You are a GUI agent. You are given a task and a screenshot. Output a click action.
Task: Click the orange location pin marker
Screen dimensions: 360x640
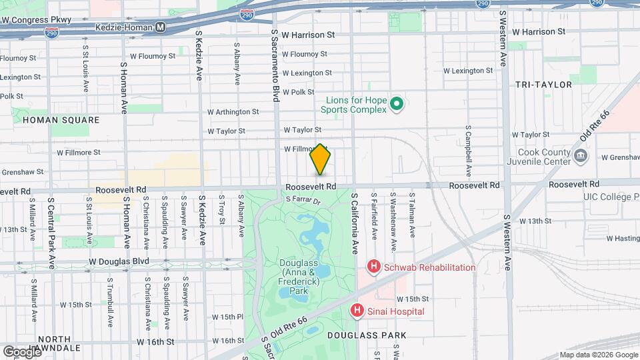coord(321,159)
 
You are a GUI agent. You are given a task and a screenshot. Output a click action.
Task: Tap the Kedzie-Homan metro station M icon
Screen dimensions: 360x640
coord(160,27)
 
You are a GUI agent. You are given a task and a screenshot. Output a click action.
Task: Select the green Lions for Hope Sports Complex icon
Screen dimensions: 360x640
coord(397,103)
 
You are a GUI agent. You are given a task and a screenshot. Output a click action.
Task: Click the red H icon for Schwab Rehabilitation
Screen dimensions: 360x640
coord(374,267)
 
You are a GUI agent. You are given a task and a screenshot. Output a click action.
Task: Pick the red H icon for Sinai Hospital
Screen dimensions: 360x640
coord(357,311)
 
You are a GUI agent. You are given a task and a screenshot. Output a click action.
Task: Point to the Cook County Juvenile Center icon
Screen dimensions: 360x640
coord(581,156)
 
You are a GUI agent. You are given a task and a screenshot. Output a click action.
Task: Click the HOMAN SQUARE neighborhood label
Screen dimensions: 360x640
coord(61,120)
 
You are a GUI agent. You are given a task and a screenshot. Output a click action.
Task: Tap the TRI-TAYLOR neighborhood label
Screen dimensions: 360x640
coord(543,85)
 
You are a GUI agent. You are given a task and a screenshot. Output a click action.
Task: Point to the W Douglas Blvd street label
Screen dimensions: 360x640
coord(119,261)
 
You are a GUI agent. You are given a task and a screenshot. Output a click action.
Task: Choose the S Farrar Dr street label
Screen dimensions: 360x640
coord(303,199)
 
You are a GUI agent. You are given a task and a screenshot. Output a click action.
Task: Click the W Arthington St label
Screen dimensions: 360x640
coord(233,112)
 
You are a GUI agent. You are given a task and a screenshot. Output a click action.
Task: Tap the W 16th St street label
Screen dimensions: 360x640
coord(155,341)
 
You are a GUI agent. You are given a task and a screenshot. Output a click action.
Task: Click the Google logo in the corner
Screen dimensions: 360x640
coord(22,351)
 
